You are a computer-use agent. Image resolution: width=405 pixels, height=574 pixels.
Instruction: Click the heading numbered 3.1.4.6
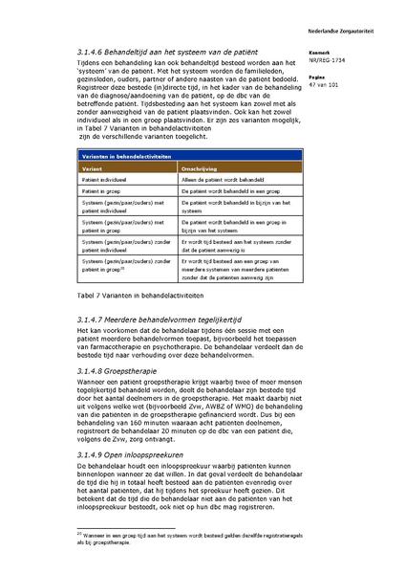[x=173, y=52]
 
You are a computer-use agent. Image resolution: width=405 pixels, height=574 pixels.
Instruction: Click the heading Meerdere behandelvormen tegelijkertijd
[x=167, y=318]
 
